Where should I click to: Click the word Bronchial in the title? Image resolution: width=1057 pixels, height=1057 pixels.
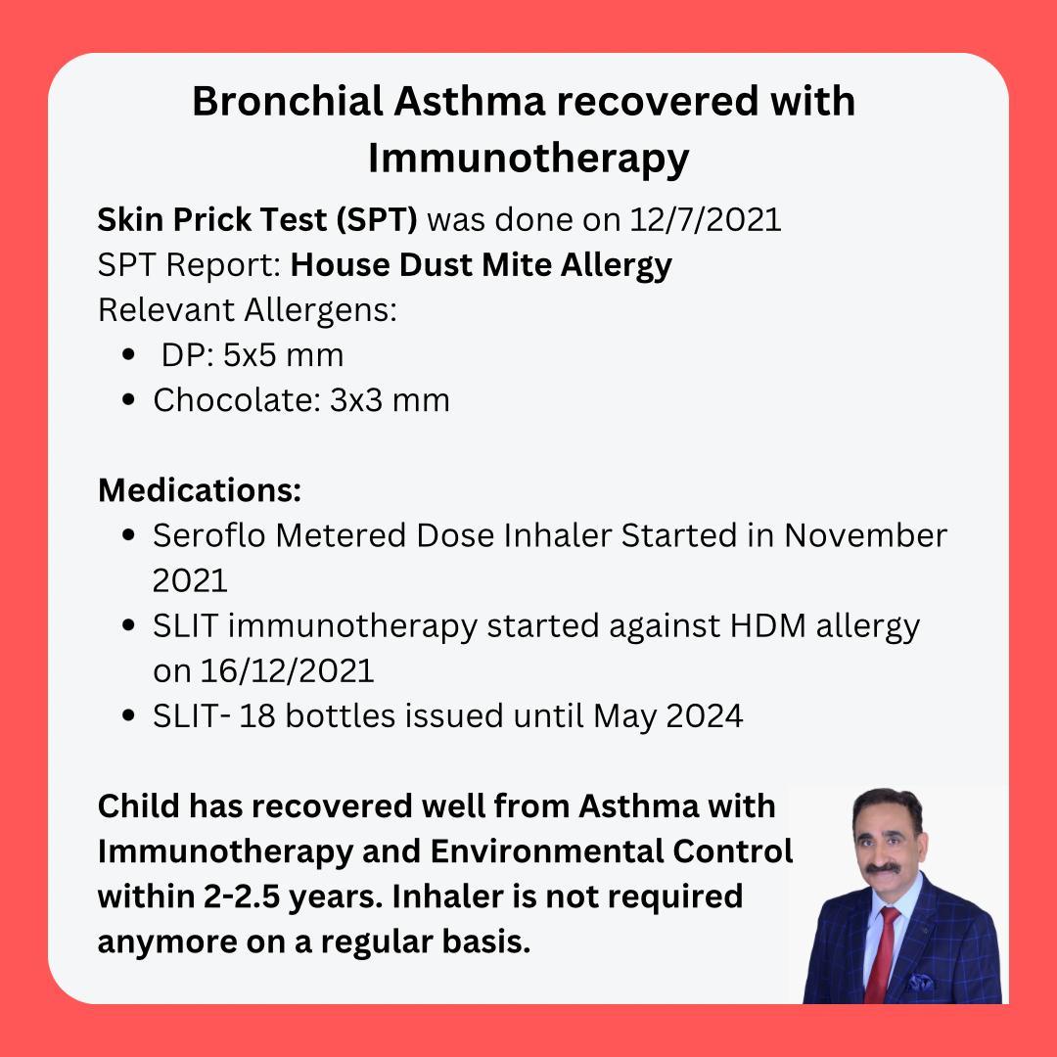pyautogui.click(x=288, y=101)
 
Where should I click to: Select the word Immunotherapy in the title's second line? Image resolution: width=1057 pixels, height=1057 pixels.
pyautogui.click(x=528, y=160)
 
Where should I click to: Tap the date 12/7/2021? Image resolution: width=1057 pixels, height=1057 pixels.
pyautogui.click(x=705, y=220)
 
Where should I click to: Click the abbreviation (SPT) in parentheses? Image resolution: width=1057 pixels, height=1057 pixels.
pyautogui.click(x=377, y=220)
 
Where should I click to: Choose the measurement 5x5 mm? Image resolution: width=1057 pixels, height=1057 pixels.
pyautogui.click(x=283, y=355)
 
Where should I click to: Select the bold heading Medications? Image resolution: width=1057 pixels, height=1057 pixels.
pyautogui.click(x=200, y=490)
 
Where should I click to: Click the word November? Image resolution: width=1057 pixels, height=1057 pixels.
pyautogui.click(x=865, y=536)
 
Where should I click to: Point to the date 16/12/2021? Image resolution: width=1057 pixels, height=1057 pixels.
pyautogui.click(x=287, y=670)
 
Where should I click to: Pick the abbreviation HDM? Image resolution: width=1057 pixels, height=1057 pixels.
pyautogui.click(x=768, y=625)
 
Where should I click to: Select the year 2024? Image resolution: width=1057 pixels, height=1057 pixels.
pyautogui.click(x=705, y=715)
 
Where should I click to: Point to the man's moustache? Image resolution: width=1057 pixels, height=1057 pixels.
pyautogui.click(x=884, y=868)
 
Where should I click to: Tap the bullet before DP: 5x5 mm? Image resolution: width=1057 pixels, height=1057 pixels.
pyautogui.click(x=129, y=354)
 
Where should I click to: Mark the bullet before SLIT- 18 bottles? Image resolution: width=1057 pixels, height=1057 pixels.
pyautogui.click(x=129, y=715)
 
